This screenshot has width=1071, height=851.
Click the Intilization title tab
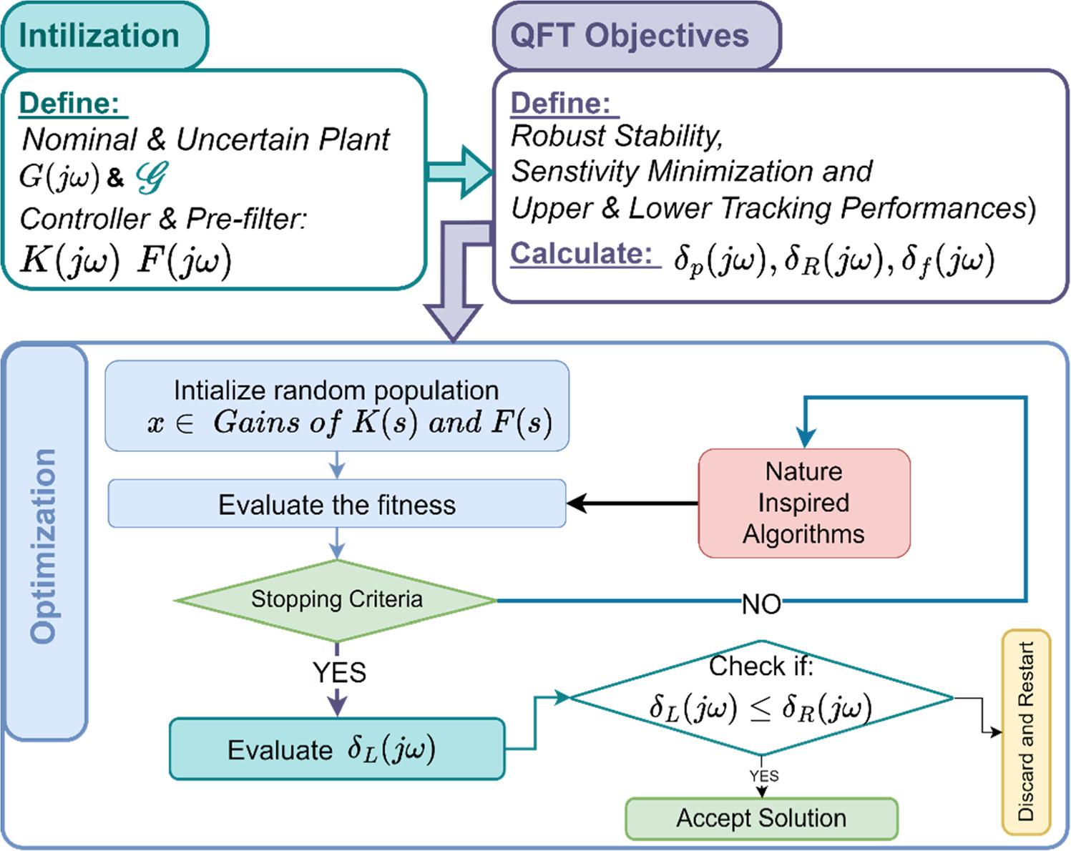coord(104,36)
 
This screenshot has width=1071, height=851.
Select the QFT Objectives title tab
coord(636,36)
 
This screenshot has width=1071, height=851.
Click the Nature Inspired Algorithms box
coord(803,503)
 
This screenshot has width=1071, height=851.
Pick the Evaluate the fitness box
coord(336,504)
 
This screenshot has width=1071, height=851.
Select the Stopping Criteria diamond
coord(336,599)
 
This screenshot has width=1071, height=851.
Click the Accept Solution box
coord(761,818)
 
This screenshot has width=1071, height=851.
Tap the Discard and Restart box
coord(1025,731)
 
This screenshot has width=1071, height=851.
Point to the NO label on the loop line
coord(761,604)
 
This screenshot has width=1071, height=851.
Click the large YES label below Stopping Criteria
coord(339,673)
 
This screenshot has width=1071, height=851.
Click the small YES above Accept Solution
coord(764,776)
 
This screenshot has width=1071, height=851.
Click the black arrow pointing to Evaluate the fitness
coord(630,503)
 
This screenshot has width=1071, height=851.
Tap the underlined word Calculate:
coord(581,254)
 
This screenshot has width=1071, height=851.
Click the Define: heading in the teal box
coord(69,104)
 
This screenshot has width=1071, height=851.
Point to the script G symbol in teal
coord(152,177)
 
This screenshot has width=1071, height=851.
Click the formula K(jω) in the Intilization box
coord(69,260)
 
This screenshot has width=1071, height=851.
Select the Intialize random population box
coord(336,406)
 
